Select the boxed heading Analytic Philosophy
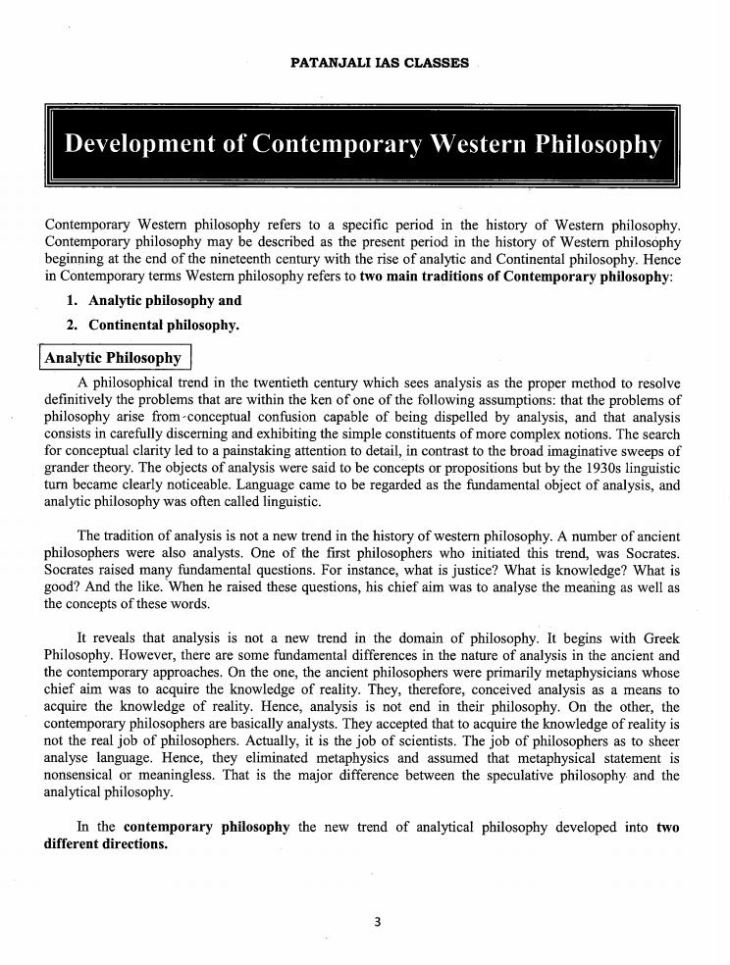click(114, 358)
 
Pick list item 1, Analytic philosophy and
click(165, 301)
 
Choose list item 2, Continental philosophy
click(164, 325)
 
